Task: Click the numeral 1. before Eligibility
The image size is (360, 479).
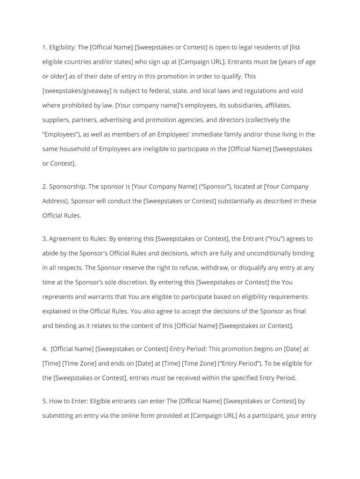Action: coord(44,47)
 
